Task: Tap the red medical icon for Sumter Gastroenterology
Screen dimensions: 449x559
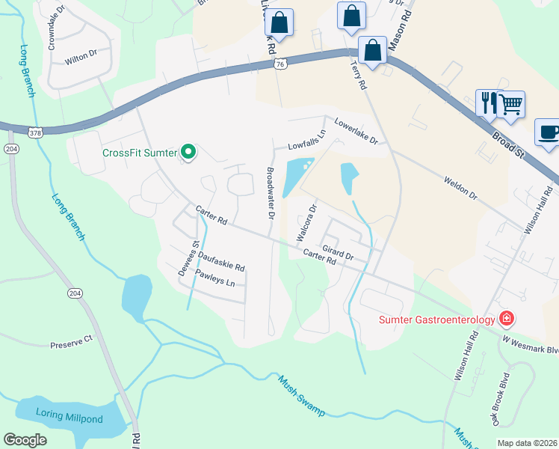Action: pos(507,319)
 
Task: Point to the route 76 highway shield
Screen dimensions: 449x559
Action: pos(279,65)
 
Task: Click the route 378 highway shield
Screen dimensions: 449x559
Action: pos(35,132)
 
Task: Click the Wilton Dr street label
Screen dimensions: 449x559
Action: pos(81,55)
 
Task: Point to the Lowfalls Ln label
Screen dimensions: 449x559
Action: pos(308,140)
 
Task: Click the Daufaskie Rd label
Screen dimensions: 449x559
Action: pos(221,261)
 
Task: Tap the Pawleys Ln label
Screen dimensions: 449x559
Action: pos(215,279)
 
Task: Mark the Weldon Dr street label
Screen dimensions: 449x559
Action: pos(460,188)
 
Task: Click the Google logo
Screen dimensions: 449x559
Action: pos(25,440)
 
